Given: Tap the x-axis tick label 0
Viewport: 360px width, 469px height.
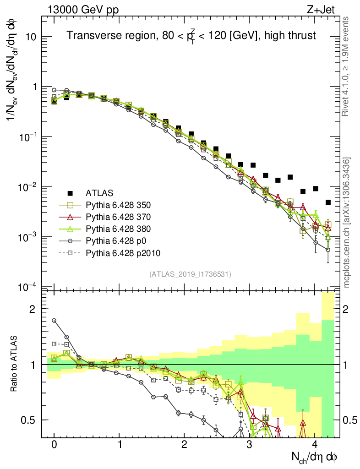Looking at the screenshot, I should (54, 445).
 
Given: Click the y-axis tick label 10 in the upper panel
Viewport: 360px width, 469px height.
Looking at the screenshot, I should (30, 37).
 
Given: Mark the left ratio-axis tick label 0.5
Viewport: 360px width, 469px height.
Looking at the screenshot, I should (28, 420).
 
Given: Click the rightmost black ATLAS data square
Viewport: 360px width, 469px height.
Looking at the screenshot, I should (328, 202).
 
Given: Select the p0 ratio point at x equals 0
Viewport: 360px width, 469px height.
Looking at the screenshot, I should (54, 321).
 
